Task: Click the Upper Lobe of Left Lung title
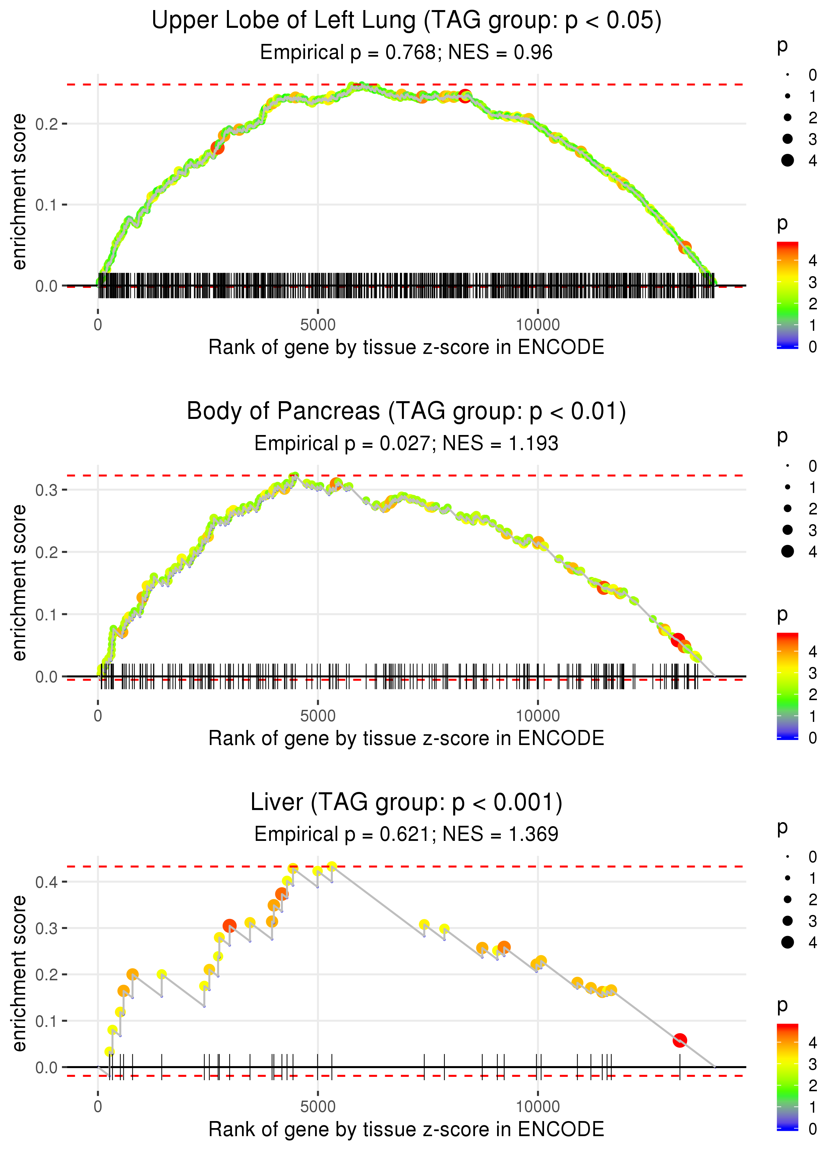(406, 21)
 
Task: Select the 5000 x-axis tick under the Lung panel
(318, 325)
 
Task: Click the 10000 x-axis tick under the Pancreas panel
(538, 716)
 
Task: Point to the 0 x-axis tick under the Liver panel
(98, 1106)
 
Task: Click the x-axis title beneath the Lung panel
(406, 347)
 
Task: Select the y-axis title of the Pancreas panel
(19, 583)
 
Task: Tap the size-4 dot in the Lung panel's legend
(787, 161)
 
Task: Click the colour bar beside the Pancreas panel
(787, 686)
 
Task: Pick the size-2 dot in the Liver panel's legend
(787, 899)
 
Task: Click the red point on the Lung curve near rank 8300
(465, 96)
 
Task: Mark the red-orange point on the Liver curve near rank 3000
(230, 926)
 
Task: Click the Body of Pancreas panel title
(406, 412)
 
